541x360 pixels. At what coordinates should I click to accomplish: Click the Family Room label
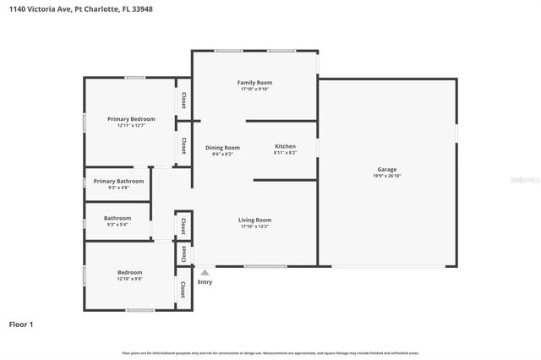254,83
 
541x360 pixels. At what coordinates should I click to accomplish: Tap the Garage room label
386,170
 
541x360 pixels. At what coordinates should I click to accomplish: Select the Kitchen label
285,147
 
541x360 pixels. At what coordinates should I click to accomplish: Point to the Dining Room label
222,148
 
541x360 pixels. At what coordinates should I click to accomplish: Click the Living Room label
254,220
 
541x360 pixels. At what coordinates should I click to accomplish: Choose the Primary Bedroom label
131,119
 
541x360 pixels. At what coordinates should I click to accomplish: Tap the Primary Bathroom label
118,181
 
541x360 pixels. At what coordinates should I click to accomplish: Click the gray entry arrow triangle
204,272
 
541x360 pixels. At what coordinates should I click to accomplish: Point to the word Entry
205,281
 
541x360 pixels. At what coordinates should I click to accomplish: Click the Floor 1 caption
20,324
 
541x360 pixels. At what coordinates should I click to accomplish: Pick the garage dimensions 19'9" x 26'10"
386,176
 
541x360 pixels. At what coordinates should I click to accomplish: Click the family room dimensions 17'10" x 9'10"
254,89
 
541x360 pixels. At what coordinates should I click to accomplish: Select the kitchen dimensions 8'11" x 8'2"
285,153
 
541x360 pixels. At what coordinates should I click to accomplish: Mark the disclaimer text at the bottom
270,352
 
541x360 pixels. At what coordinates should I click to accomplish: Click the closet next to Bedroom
182,289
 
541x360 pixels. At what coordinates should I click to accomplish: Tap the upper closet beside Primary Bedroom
183,100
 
